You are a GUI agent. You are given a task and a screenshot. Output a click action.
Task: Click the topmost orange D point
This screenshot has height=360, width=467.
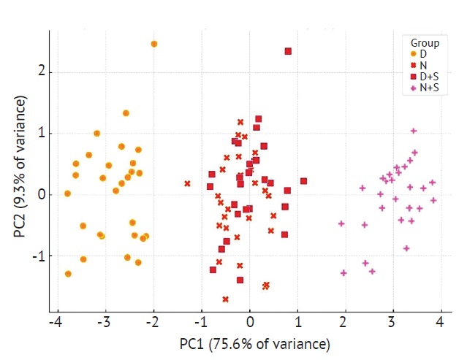(154, 44)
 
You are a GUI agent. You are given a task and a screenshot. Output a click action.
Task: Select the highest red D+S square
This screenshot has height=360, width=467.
(288, 51)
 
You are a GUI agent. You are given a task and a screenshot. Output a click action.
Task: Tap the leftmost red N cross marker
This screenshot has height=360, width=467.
(187, 184)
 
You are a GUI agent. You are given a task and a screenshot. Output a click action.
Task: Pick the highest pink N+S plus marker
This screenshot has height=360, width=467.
(414, 131)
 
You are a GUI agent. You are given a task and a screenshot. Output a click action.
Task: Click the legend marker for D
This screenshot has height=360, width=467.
(414, 54)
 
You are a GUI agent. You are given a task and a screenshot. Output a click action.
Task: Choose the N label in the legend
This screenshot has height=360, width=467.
(423, 65)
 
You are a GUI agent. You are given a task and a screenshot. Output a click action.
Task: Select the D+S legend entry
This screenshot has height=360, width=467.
(428, 76)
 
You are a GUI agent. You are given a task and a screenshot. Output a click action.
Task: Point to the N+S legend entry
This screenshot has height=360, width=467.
(429, 88)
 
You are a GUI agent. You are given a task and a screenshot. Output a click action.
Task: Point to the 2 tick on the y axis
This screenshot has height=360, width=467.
(42, 72)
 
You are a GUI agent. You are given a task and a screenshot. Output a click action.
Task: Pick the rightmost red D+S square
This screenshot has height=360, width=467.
(303, 181)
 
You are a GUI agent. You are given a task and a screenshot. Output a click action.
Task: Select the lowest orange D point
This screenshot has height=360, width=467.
(68, 274)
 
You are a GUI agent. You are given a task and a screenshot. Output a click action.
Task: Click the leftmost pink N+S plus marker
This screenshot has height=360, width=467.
(341, 223)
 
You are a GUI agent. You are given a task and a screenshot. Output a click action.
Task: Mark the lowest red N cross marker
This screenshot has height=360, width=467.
(225, 299)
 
